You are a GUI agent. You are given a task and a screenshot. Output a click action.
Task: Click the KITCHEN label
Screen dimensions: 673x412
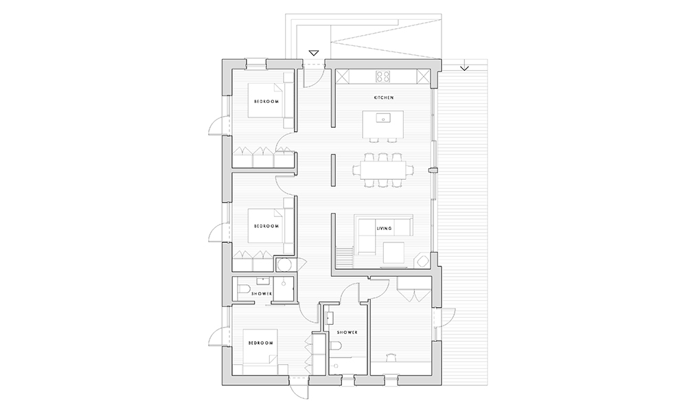click(x=384, y=98)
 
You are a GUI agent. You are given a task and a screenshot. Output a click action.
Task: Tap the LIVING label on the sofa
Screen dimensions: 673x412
click(x=384, y=228)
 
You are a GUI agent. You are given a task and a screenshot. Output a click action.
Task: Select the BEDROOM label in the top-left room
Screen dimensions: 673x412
click(x=266, y=102)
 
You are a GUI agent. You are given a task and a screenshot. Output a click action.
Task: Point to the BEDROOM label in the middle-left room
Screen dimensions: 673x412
click(x=266, y=226)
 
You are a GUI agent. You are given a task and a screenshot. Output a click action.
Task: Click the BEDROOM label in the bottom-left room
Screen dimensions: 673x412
click(x=261, y=343)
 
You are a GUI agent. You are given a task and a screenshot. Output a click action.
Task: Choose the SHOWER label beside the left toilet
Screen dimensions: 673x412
click(x=262, y=294)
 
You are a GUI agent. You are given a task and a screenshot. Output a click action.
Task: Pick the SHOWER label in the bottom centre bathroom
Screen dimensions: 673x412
click(x=347, y=332)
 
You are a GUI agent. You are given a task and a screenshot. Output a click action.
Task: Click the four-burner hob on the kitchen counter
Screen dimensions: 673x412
click(x=383, y=76)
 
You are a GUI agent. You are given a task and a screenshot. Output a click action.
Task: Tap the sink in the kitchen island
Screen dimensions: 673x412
click(x=382, y=117)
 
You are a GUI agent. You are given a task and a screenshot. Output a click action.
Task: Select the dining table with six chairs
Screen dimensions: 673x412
click(x=383, y=170)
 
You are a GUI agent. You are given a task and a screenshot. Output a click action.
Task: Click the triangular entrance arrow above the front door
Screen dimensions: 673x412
click(x=314, y=53)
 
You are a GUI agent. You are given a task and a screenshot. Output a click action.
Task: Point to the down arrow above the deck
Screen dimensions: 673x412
click(x=464, y=67)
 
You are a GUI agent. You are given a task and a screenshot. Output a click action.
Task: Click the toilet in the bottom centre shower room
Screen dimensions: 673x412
click(x=336, y=346)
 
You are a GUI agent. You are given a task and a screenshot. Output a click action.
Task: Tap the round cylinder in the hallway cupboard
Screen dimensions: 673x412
click(x=283, y=264)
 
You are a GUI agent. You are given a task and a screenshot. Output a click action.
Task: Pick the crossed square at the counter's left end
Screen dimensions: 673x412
click(x=342, y=77)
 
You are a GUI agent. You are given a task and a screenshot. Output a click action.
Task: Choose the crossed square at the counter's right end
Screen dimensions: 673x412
click(x=423, y=77)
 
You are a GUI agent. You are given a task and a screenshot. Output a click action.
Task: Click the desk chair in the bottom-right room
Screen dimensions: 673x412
click(x=391, y=357)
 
